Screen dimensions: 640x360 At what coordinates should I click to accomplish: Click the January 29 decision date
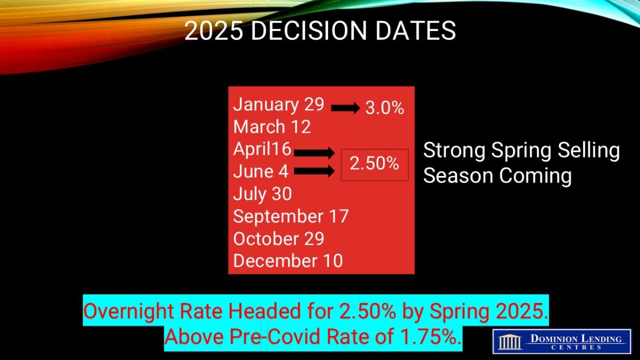(278, 105)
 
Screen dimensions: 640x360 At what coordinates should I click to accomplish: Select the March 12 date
(271, 126)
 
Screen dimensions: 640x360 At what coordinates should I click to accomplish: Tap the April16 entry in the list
(262, 149)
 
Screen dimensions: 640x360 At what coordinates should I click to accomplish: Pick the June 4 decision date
(261, 171)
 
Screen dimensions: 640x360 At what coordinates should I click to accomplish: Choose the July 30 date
(262, 194)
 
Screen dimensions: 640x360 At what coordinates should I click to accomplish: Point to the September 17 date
(291, 217)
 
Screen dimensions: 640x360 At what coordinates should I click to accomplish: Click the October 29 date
(278, 238)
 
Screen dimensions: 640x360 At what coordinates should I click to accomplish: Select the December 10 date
(287, 261)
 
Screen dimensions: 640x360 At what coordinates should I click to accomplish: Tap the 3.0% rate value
(385, 108)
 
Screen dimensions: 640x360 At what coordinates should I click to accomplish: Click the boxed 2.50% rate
(374, 164)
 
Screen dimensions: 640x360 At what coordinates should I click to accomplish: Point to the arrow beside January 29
(346, 108)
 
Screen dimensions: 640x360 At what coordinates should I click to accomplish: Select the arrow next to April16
(314, 153)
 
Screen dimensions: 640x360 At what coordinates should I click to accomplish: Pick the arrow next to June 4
(314, 171)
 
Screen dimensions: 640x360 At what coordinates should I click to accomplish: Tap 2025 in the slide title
(214, 30)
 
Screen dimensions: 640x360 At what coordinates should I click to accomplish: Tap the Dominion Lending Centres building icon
(510, 342)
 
